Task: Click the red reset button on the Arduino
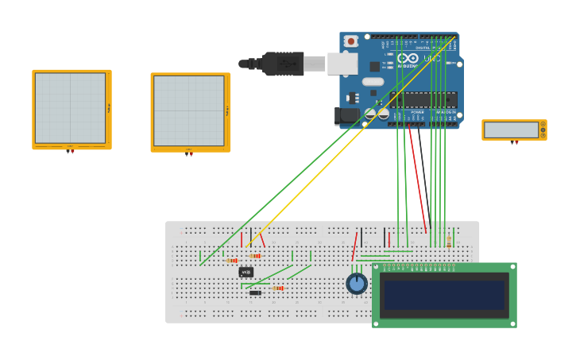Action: (350, 41)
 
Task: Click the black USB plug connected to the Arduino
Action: (281, 64)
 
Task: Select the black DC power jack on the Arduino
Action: (346, 115)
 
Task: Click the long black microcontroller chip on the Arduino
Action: (422, 99)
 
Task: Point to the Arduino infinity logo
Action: (408, 58)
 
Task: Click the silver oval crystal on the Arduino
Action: (373, 81)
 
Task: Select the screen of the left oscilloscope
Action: (70, 108)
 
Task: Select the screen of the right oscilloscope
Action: (189, 111)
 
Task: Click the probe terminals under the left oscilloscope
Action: (70, 150)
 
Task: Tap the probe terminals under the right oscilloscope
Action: (189, 153)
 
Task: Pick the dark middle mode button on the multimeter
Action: (543, 130)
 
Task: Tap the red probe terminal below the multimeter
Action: (512, 143)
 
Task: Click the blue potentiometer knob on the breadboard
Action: (357, 283)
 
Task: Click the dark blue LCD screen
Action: (444, 295)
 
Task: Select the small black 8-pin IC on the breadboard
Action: (246, 272)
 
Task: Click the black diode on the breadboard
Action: (255, 292)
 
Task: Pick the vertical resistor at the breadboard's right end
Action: (449, 242)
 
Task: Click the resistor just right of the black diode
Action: (277, 288)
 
